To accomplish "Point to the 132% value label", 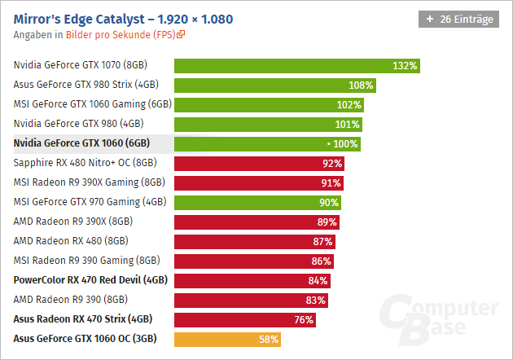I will [x=405, y=65].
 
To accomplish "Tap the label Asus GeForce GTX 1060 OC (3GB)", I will [x=85, y=339].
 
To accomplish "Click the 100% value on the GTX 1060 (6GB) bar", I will [x=345, y=143].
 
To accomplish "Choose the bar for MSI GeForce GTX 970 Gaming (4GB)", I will [x=257, y=202].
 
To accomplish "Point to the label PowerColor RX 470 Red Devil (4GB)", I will [x=90, y=280].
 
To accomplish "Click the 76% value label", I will [x=304, y=319].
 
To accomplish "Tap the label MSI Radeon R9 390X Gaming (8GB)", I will [x=90, y=182].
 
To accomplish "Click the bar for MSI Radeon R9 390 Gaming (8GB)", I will [x=253, y=261].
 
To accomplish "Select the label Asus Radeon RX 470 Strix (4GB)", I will [x=82, y=319].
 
